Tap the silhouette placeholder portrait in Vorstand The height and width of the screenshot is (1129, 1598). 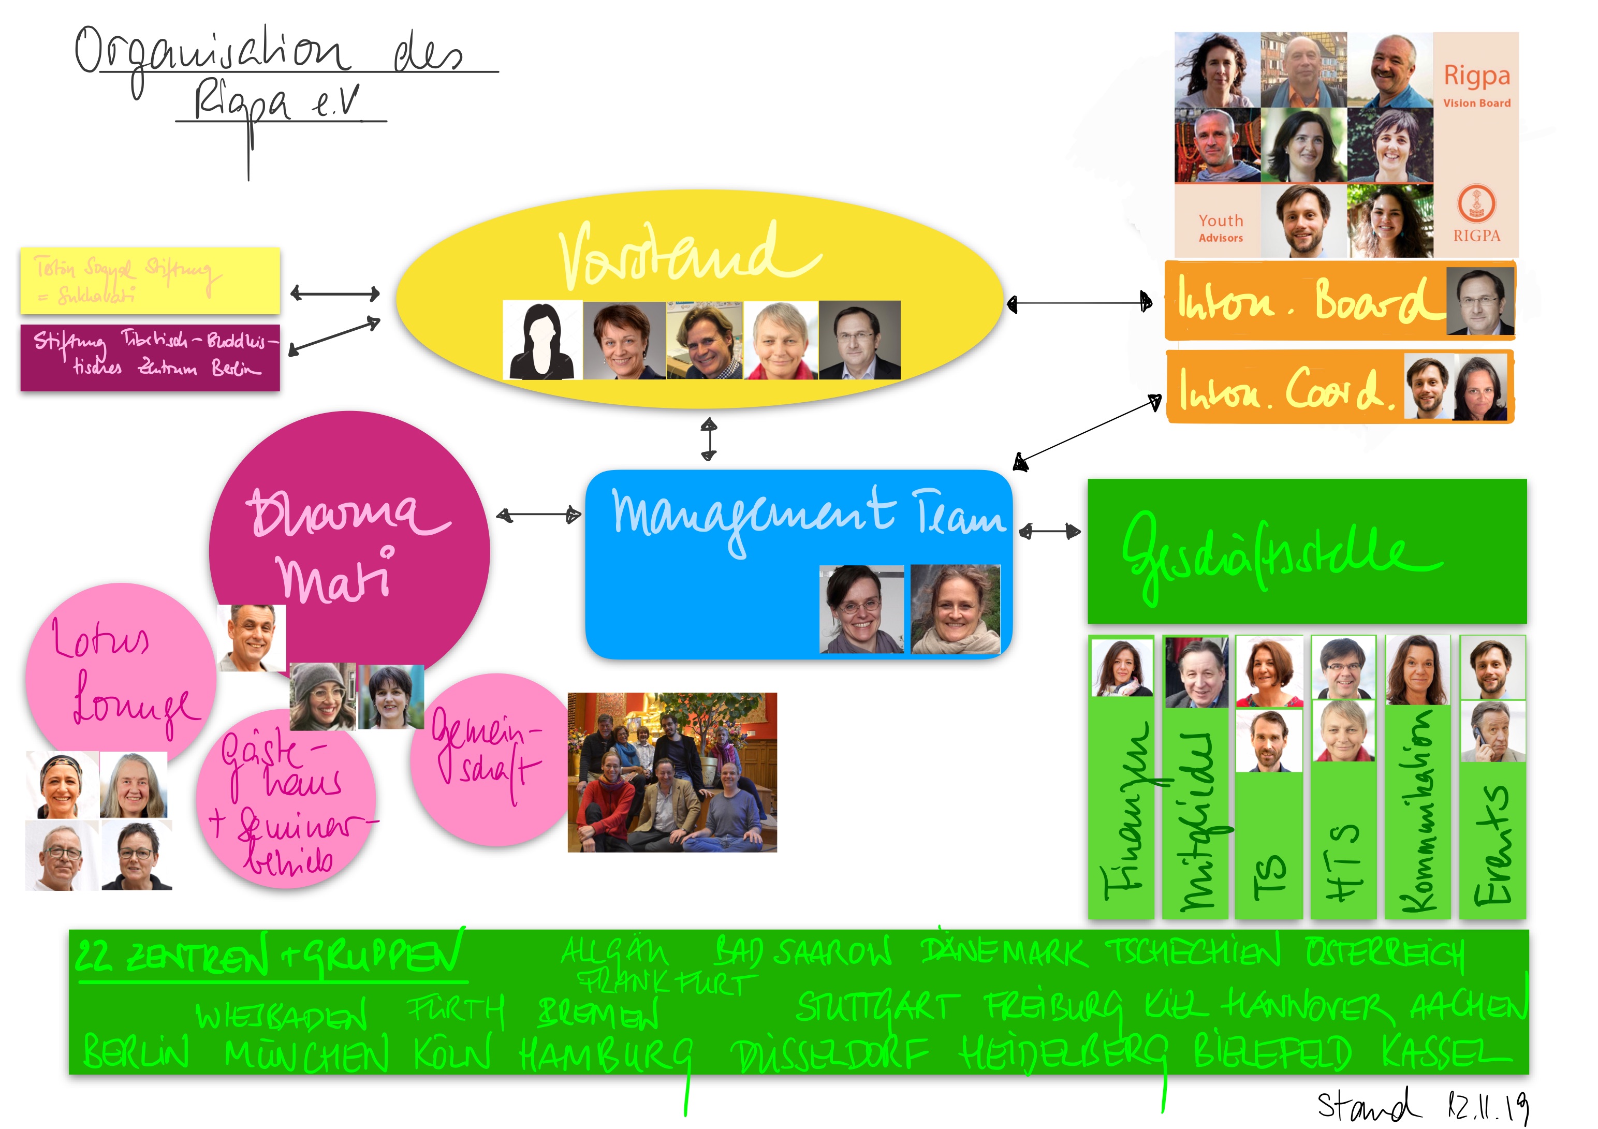coord(542,341)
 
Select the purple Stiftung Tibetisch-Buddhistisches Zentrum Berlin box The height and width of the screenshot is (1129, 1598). coord(150,357)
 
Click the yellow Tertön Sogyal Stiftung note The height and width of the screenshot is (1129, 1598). coord(150,280)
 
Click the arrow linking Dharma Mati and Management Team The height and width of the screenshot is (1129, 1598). coord(539,515)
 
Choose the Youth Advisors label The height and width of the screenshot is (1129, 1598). coord(1220,228)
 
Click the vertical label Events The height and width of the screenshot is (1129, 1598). coord(1493,846)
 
